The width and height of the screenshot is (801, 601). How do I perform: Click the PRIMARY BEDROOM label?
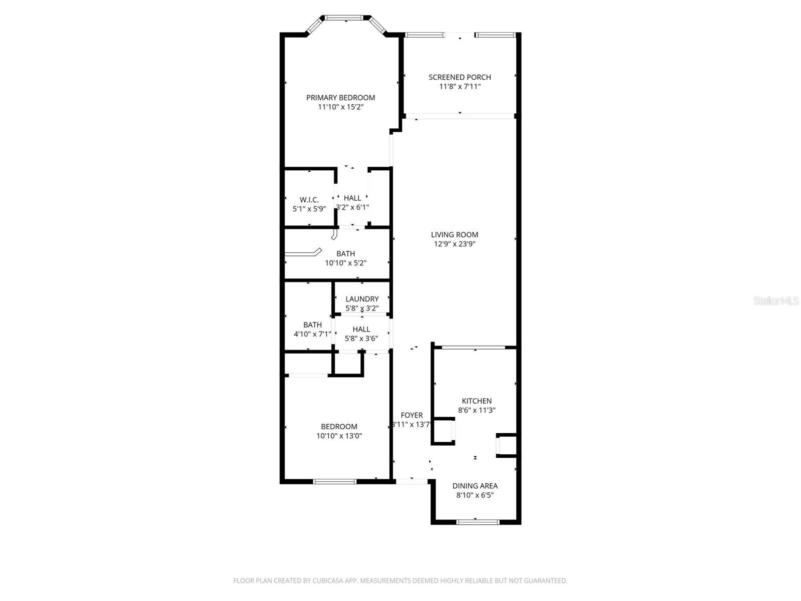(x=340, y=98)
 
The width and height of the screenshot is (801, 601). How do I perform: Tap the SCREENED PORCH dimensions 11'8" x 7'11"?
(x=460, y=87)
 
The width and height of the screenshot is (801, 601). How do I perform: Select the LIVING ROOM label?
(x=455, y=234)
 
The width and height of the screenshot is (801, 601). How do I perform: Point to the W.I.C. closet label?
(x=309, y=200)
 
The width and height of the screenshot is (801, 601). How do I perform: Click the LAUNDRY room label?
(x=362, y=299)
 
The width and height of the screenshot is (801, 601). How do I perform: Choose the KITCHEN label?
(x=477, y=401)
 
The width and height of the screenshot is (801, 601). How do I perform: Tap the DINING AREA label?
(x=475, y=486)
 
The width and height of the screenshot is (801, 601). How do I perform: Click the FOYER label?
(x=412, y=415)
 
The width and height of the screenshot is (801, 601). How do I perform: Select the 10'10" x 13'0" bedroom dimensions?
(x=339, y=436)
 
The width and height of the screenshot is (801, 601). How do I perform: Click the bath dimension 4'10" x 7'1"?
(x=312, y=334)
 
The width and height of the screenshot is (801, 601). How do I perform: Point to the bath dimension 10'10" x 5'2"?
(x=345, y=263)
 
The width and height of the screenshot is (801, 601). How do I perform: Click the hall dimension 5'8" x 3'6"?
(x=361, y=339)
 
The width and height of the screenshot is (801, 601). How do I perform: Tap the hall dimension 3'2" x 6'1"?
(x=352, y=207)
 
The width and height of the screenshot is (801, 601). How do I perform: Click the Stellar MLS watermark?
(x=776, y=300)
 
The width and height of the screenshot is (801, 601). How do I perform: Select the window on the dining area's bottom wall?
(x=478, y=522)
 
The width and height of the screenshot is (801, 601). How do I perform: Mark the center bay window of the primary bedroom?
(x=345, y=18)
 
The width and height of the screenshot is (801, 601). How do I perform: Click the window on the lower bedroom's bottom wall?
(x=334, y=481)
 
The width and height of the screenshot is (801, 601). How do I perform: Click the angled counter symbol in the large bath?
(x=303, y=252)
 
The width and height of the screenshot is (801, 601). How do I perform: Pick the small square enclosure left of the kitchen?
(x=443, y=431)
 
